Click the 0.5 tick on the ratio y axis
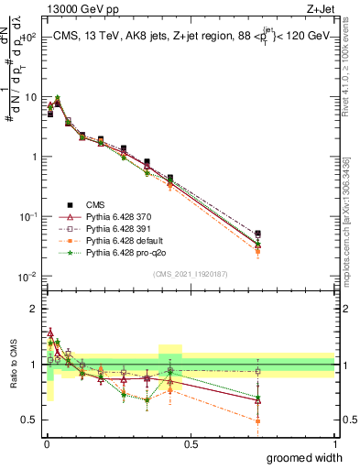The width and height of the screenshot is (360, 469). coord(30,420)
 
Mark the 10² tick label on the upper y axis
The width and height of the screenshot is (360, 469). coord(28,38)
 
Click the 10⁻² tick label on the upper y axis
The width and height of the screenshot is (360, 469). coord(28,277)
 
